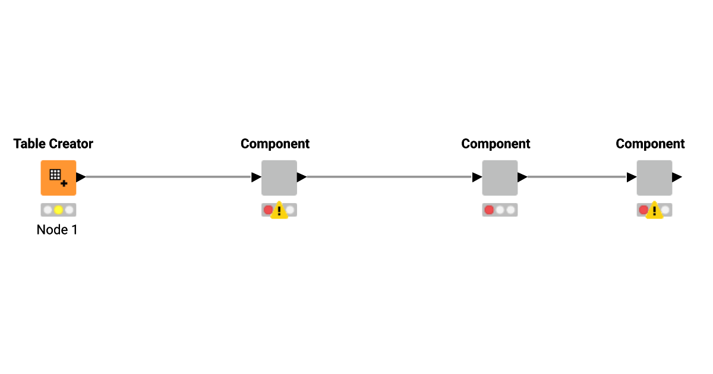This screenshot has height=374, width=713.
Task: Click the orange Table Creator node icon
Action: click(x=58, y=178)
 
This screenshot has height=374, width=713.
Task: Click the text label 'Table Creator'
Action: click(x=53, y=144)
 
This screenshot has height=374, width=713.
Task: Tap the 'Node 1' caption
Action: click(x=57, y=230)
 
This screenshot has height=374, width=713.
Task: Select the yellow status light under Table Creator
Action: click(x=58, y=210)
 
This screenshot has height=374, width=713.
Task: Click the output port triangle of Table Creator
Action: click(x=81, y=177)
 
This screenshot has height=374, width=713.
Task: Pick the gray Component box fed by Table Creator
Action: click(x=279, y=178)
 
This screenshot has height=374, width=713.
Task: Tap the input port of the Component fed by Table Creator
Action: click(x=256, y=177)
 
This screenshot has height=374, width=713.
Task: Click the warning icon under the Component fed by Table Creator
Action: click(x=279, y=211)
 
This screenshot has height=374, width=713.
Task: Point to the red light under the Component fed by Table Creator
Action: click(x=268, y=210)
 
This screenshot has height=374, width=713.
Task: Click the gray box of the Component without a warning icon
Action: click(x=500, y=178)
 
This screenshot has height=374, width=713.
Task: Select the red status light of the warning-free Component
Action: click(x=489, y=210)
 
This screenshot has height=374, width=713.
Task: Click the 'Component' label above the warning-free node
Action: click(x=496, y=144)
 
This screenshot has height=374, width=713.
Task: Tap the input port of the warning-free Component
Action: click(x=477, y=177)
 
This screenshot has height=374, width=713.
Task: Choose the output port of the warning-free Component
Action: click(x=522, y=177)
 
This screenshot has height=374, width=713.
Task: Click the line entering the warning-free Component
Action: click(x=389, y=177)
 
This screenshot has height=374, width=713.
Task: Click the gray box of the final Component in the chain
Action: click(x=654, y=178)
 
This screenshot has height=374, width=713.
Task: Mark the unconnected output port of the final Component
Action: click(x=677, y=177)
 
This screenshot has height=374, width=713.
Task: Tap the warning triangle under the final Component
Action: click(x=654, y=211)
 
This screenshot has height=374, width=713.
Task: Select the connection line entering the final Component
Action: click(x=576, y=177)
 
